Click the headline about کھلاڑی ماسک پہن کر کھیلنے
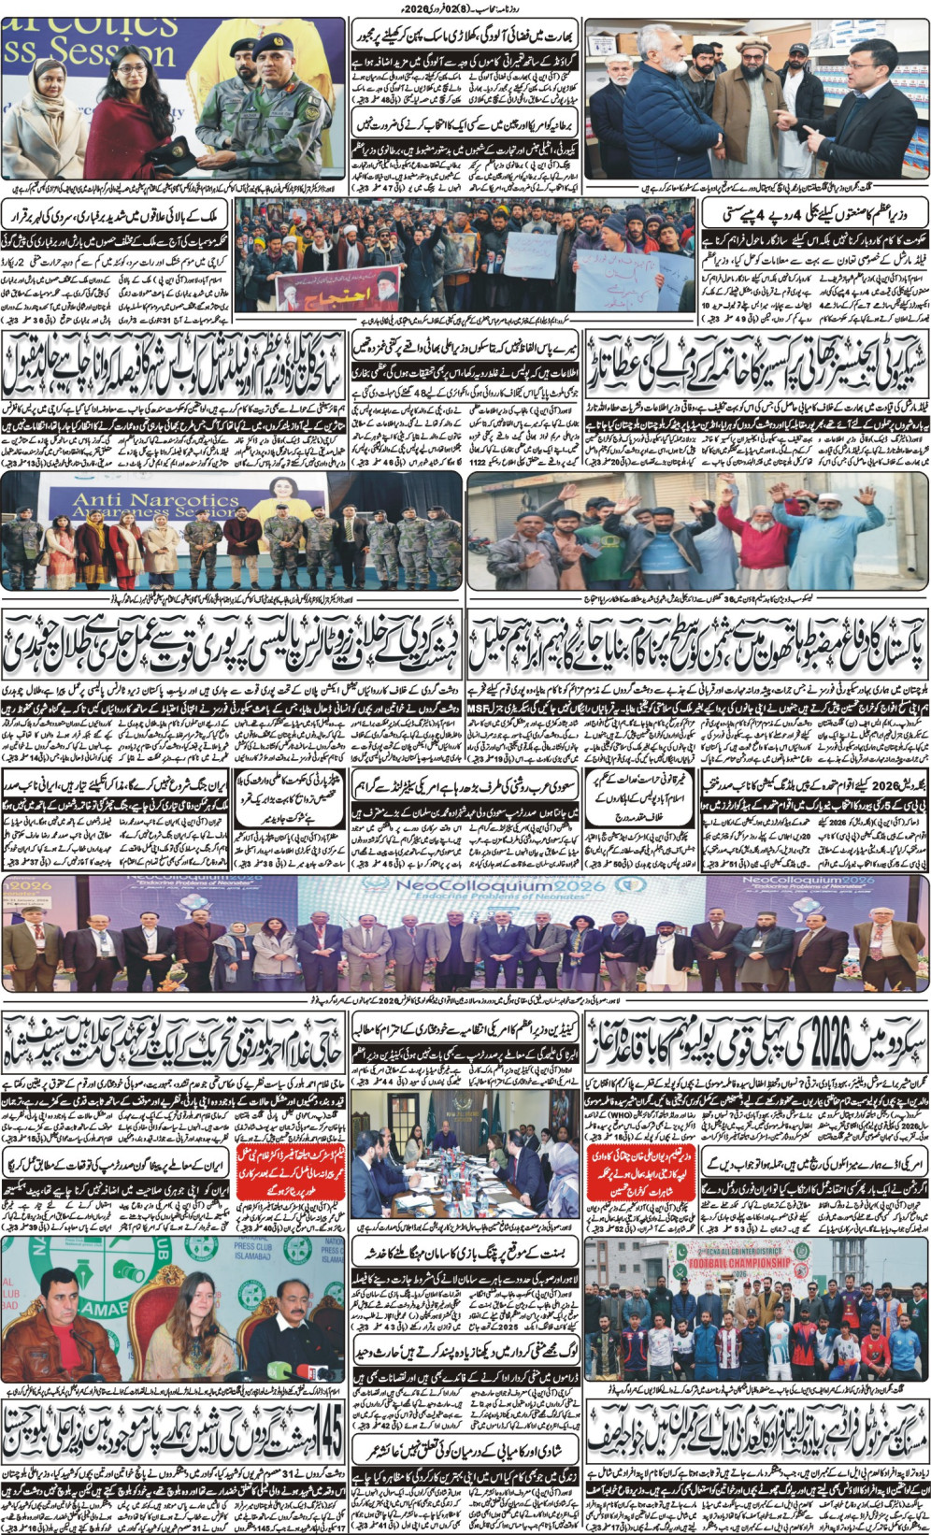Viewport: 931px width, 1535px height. [465, 38]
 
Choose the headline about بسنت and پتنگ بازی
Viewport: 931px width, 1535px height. [465, 1253]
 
